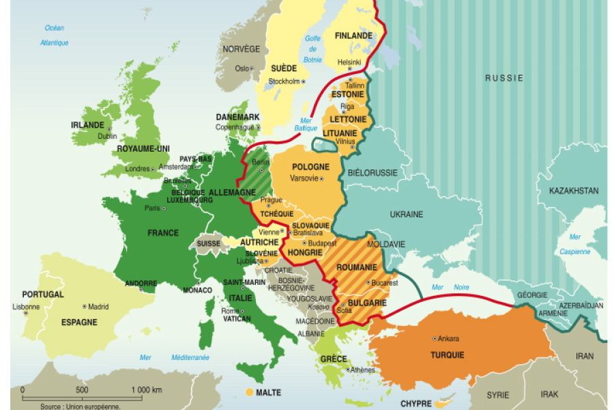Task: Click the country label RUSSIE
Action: coord(504,78)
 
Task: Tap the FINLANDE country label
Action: coord(353,36)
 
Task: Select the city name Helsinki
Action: coord(349,62)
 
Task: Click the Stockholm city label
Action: coord(284,81)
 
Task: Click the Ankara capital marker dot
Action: coord(435,338)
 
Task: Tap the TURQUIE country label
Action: coord(447,355)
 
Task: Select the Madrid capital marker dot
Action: coord(85,307)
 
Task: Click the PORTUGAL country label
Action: coord(42,295)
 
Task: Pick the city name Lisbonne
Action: coord(27,307)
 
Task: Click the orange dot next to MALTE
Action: coord(249,392)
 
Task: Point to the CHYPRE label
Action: coord(416,404)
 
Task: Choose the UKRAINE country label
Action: coord(407,214)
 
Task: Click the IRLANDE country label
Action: coord(87,125)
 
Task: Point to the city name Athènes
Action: coord(362,370)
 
